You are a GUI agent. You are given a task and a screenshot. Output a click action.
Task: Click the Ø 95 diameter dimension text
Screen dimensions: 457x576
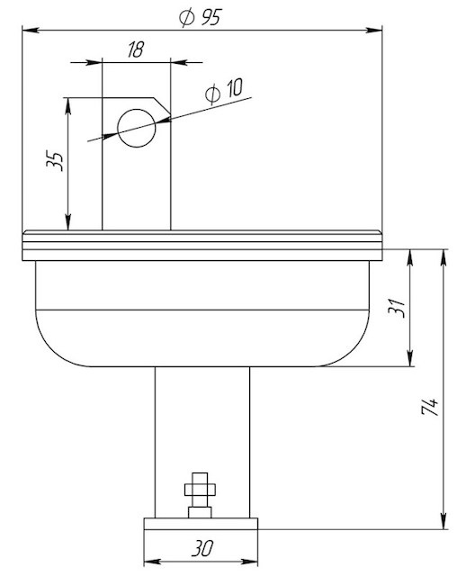pos(201,17)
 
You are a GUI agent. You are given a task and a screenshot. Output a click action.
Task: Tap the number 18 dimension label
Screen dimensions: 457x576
pos(136,49)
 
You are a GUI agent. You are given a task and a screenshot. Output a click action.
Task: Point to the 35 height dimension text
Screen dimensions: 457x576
pos(55,160)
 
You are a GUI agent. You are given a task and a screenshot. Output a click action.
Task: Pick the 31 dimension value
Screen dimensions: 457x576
pos(397,308)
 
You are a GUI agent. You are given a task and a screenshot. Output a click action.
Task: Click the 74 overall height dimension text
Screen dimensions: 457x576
pos(430,406)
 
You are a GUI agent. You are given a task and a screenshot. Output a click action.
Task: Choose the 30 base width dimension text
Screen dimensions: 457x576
pos(202,548)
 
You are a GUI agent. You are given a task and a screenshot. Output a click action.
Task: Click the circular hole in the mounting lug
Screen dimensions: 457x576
pos(137,128)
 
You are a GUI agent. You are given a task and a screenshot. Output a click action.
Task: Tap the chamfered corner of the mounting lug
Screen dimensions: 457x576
pos(162,106)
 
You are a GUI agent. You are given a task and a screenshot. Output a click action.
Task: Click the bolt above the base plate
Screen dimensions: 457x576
pos(200,495)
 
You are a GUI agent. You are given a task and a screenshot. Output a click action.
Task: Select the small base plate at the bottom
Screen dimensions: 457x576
pos(201,524)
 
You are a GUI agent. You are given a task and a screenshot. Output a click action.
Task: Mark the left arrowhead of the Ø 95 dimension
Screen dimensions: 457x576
pos(30,30)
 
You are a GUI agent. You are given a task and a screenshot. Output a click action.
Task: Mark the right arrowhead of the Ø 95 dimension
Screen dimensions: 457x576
pos(374,30)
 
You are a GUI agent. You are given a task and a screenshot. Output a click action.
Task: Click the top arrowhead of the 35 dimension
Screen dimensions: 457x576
pos(67,106)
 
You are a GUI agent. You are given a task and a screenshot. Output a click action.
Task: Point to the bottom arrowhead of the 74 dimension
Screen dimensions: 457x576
pos(444,521)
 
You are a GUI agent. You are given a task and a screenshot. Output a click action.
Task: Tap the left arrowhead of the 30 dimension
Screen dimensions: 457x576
pos(152,562)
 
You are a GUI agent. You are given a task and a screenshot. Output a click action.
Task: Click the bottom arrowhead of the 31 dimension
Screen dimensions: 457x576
pos(410,358)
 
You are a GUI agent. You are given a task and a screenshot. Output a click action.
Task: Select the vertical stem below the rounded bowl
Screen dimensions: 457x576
pos(202,442)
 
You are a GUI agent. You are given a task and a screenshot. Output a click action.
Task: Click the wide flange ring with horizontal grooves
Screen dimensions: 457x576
pos(202,246)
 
